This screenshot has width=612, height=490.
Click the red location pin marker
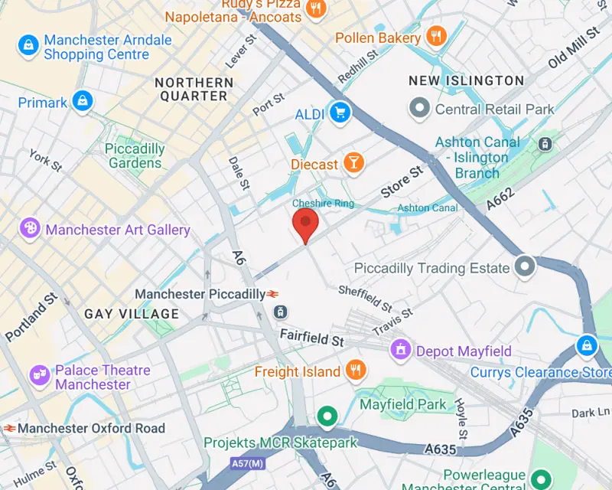tap(306, 223)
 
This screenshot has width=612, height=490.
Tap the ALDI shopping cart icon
tap(339, 113)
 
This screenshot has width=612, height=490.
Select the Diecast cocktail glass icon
tap(353, 162)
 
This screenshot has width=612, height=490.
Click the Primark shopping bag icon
tap(83, 100)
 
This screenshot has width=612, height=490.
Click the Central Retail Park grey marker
tap(419, 109)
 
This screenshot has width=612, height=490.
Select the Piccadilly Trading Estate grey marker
tap(525, 267)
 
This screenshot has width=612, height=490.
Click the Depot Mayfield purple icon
tap(400, 351)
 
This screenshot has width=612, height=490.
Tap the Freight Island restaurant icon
tap(354, 371)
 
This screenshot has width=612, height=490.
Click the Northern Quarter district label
tap(194, 89)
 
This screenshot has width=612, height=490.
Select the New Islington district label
tap(466, 80)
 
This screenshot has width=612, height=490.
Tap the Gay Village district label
tap(132, 314)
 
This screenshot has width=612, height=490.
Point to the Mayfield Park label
tap(403, 404)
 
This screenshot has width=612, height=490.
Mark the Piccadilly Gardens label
tap(135, 155)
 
